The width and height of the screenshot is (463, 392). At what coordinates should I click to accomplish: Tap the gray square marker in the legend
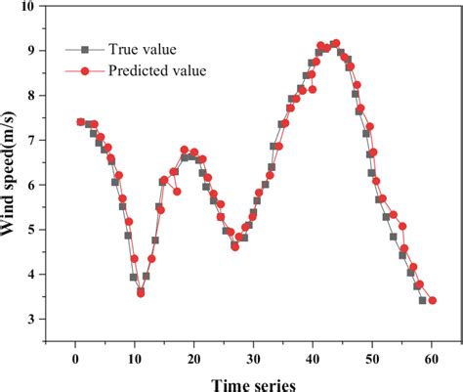click(x=85, y=48)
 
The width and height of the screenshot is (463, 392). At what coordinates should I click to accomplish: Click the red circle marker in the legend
click(x=85, y=70)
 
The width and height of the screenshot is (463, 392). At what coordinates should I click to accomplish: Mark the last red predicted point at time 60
click(x=432, y=301)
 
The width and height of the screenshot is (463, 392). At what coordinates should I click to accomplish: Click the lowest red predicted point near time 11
click(x=141, y=292)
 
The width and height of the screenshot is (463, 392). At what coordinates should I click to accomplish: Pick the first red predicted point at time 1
click(x=81, y=122)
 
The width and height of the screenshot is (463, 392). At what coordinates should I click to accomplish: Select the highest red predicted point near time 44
click(x=337, y=43)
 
